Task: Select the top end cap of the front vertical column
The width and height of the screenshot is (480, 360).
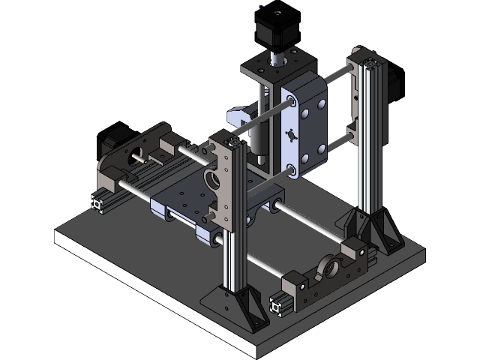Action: point(233,140)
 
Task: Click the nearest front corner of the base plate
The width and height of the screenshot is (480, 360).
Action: point(259,352)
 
